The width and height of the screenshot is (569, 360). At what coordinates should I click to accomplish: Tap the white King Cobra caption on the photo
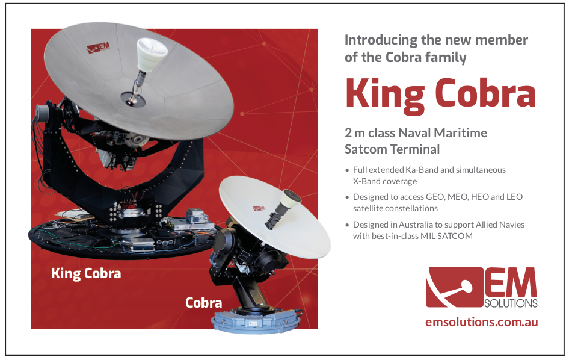(x=86, y=273)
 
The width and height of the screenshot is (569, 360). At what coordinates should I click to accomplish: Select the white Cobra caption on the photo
(x=203, y=303)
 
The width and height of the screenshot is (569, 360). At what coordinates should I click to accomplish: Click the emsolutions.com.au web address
(x=482, y=322)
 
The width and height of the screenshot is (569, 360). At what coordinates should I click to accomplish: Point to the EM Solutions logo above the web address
(x=482, y=288)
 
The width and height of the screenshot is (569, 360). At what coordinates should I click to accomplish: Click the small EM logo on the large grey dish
(x=98, y=48)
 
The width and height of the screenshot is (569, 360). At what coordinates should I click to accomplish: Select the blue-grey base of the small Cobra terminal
(x=257, y=319)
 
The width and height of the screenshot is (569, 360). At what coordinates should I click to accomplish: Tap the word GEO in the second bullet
(x=435, y=197)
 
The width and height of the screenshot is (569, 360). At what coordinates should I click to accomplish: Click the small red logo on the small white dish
(x=259, y=208)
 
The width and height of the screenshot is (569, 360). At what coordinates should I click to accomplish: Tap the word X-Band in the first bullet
(x=366, y=181)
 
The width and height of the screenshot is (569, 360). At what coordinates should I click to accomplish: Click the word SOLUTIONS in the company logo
(x=511, y=303)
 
